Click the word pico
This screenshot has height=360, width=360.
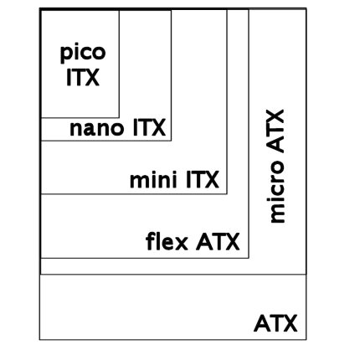[83, 53]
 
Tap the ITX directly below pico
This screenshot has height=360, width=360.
[83, 77]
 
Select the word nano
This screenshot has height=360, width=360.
[96, 128]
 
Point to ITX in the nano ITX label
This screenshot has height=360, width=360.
[149, 127]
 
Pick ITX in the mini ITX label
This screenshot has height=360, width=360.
[203, 179]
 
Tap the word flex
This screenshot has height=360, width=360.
[167, 241]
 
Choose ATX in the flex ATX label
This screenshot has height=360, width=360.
[218, 242]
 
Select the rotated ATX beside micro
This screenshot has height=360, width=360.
[276, 131]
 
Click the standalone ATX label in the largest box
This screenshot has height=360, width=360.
[275, 323]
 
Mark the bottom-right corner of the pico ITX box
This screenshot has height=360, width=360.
[119, 118]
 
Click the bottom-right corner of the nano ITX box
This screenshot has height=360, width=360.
[171, 141]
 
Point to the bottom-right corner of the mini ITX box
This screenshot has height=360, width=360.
[227, 193]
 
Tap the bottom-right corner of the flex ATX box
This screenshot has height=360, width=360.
[249, 258]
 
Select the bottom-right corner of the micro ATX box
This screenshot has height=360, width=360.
[306, 275]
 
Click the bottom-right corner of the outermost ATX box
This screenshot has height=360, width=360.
[306, 339]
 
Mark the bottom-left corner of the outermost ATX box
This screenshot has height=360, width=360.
[40, 339]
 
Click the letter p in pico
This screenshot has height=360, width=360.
[65, 54]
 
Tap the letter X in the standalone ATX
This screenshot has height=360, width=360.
[290, 323]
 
